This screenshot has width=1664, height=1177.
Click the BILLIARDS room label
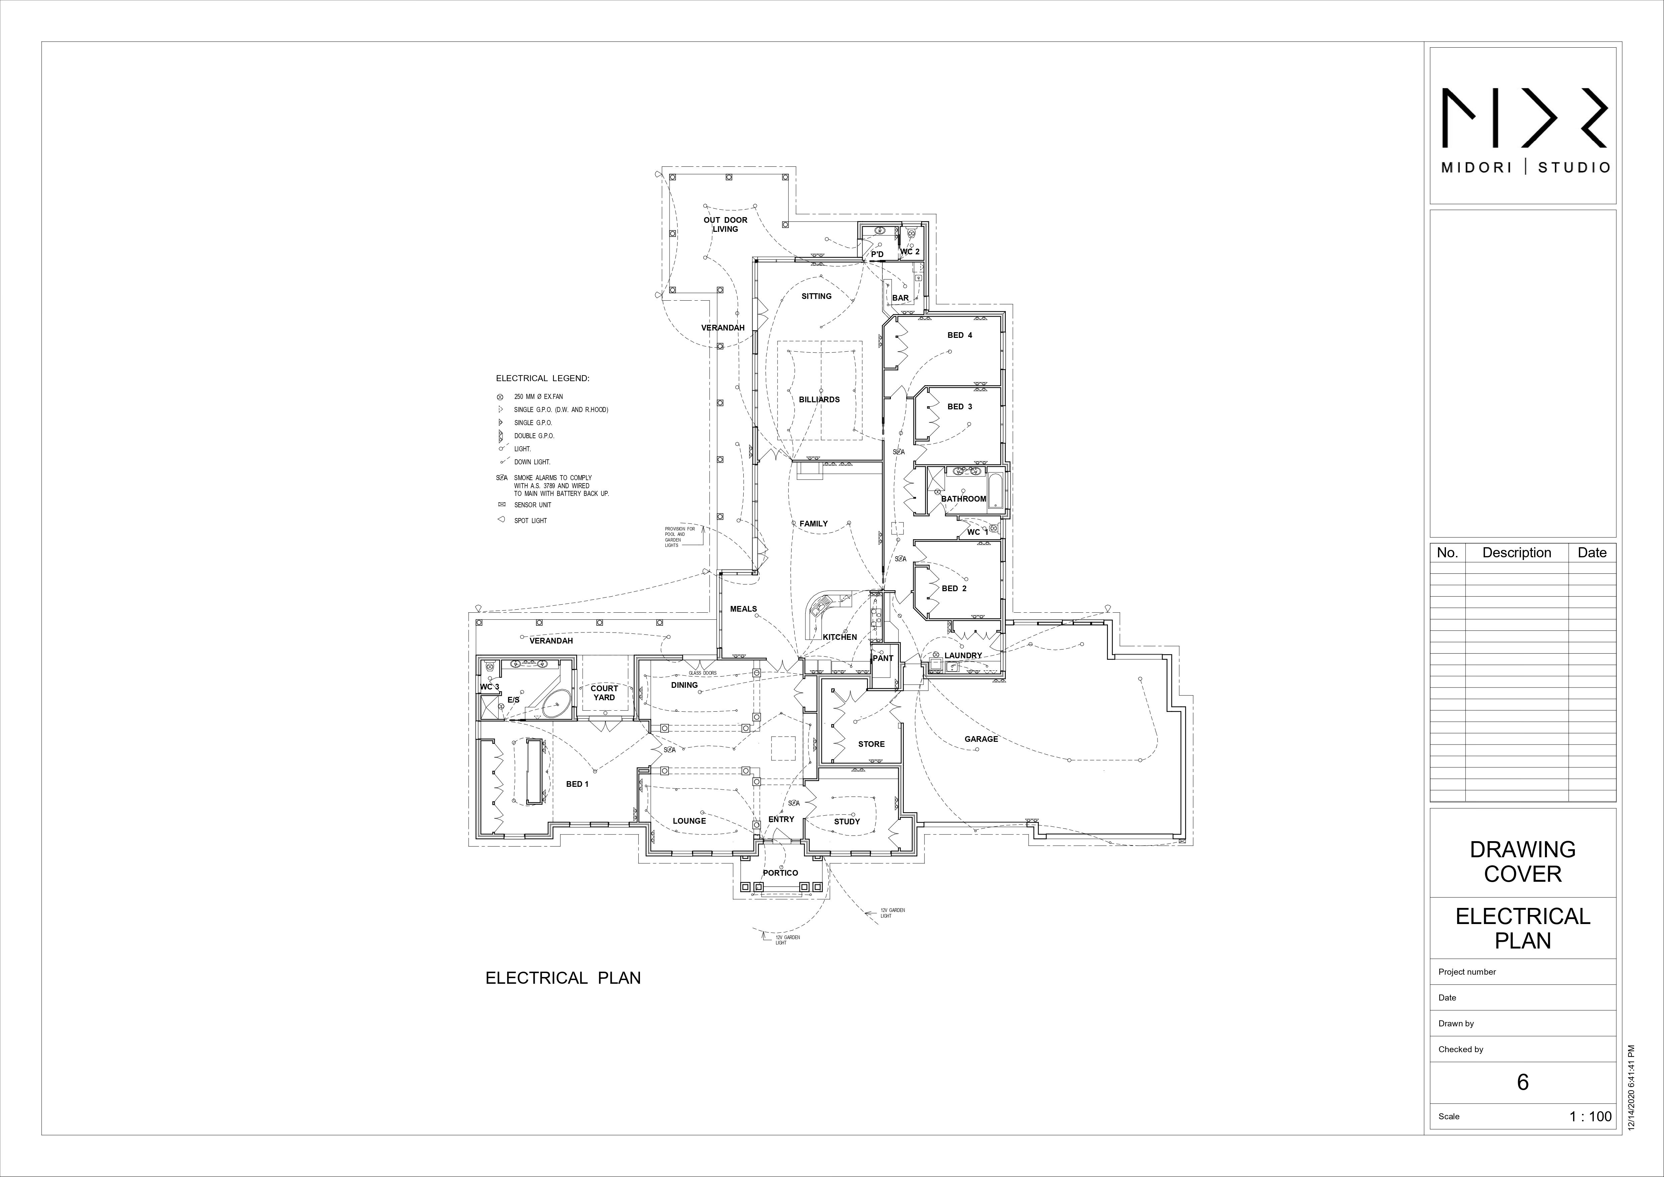pos(819,399)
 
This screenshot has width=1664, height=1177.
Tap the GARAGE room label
pos(980,739)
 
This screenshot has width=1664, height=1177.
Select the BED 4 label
pos(960,335)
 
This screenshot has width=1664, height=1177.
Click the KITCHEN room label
pos(839,637)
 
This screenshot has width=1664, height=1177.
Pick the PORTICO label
pos(780,873)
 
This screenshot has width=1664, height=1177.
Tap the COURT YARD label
pos(604,693)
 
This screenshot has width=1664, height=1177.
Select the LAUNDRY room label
pos(962,655)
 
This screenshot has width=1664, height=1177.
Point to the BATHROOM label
pos(963,499)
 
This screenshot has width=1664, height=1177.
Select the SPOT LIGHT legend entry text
pos(531,520)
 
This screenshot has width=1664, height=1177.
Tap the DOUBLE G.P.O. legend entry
pos(534,436)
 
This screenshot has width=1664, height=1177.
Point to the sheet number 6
pos(1523,1082)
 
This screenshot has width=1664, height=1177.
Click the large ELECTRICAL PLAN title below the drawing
pos(562,978)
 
